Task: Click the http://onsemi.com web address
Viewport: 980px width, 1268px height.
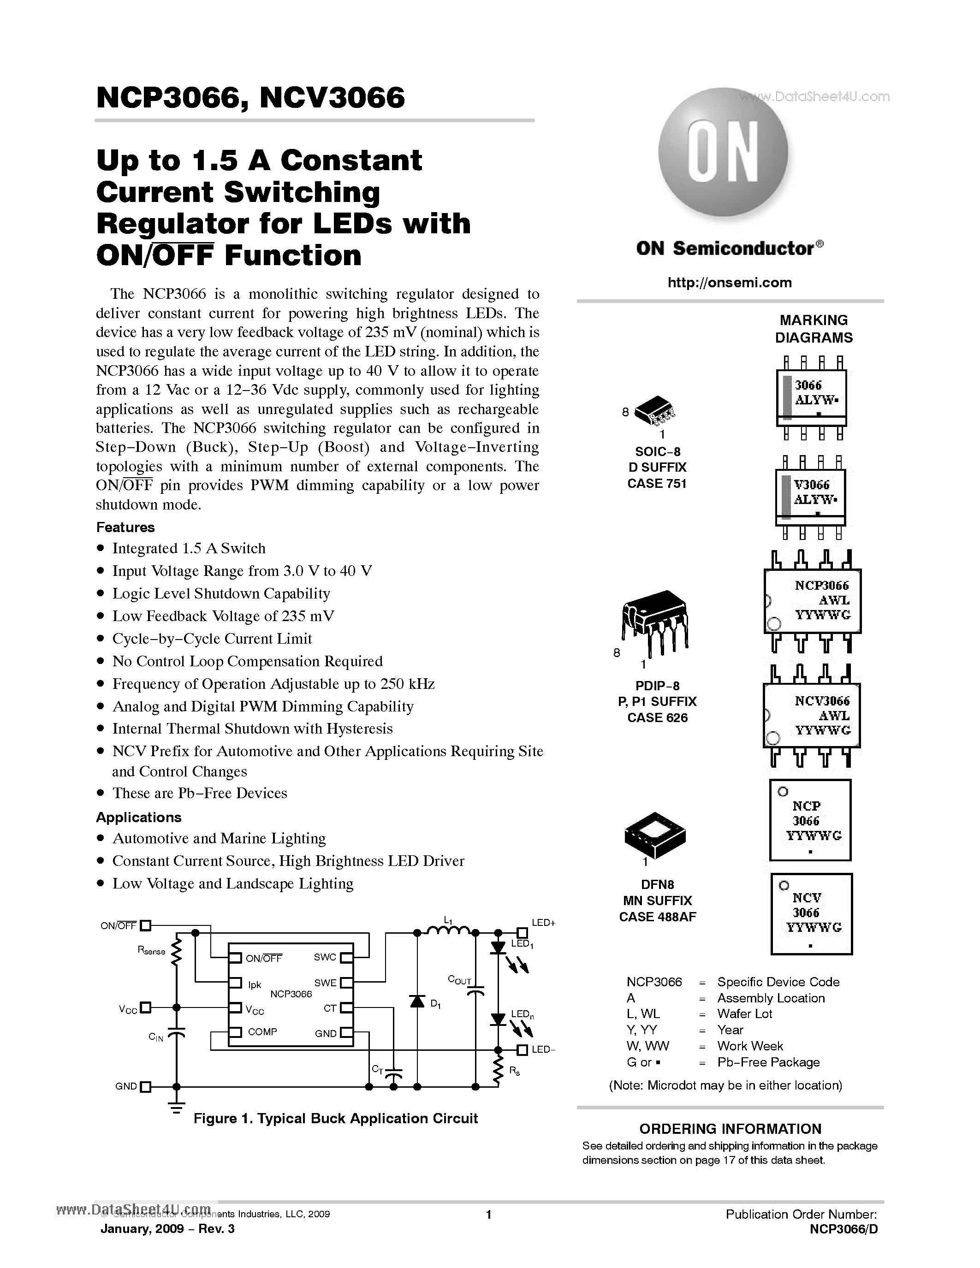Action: [729, 283]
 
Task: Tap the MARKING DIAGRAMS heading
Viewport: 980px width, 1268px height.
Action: [814, 329]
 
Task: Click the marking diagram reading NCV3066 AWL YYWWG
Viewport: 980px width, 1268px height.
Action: [812, 715]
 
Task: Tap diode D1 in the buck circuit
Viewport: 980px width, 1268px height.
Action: [417, 1001]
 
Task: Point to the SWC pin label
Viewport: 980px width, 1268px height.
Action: [325, 957]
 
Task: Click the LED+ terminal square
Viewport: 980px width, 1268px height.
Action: [522, 932]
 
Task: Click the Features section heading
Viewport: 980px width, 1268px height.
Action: [125, 527]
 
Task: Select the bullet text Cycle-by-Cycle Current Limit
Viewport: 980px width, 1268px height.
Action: [212, 639]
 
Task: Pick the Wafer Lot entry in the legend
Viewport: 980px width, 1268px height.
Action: [744, 1013]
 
